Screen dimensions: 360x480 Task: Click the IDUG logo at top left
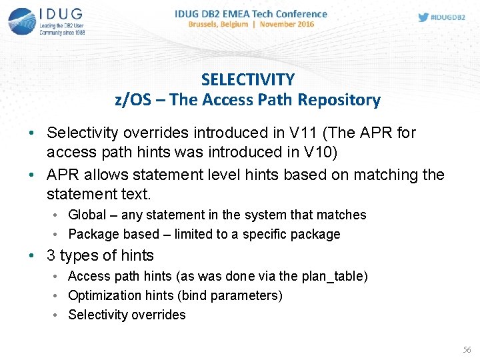pyautogui.click(x=47, y=21)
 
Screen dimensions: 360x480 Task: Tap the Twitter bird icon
pyautogui.click(x=423, y=17)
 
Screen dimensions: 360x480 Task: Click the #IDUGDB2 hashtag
pyautogui.click(x=451, y=17)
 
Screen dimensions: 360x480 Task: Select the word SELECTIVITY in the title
pyautogui.click(x=247, y=80)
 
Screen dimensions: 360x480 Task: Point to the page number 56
pyautogui.click(x=467, y=349)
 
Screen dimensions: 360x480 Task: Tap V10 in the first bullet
pyautogui.click(x=319, y=152)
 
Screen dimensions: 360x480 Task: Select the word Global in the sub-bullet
pyautogui.click(x=87, y=215)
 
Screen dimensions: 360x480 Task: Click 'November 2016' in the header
pyautogui.click(x=288, y=24)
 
